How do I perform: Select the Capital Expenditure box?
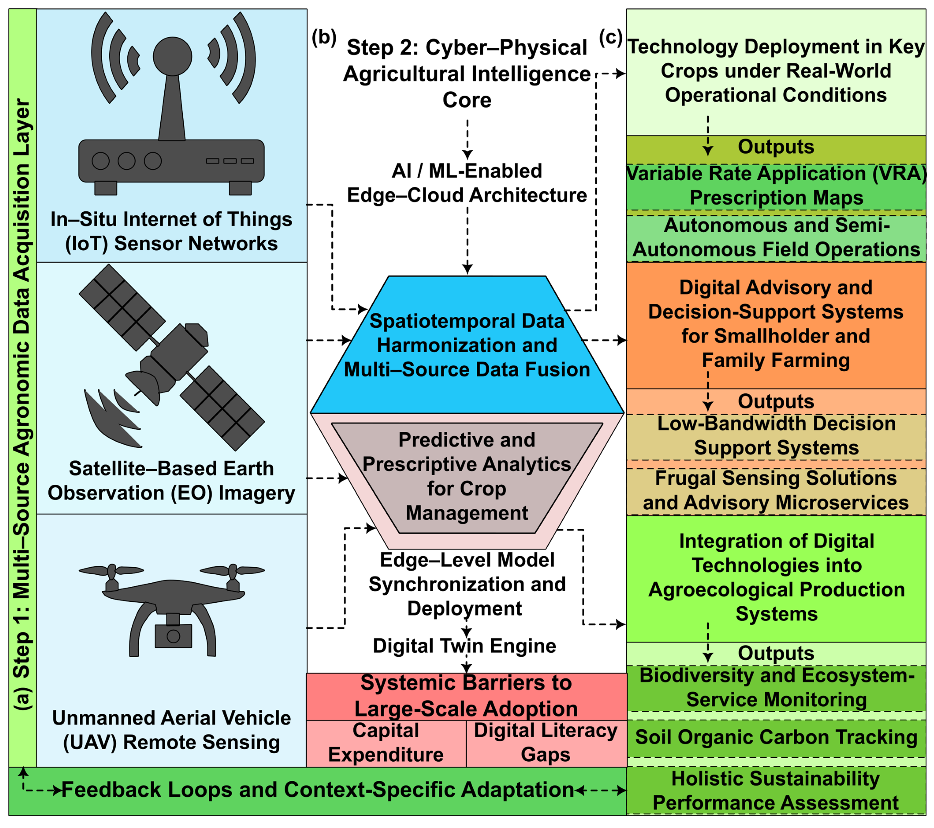coord(386,743)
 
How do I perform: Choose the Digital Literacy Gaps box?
coord(546,743)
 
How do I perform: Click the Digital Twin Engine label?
coord(465,646)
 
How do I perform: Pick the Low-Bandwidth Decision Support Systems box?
coord(776,436)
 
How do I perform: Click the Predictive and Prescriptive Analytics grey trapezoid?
coord(467,478)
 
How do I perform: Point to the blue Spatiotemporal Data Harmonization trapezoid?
coord(467,345)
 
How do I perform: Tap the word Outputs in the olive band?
coord(776,147)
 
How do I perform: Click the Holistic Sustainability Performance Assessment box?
coord(776,791)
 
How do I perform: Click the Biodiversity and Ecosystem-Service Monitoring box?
coord(776,688)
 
